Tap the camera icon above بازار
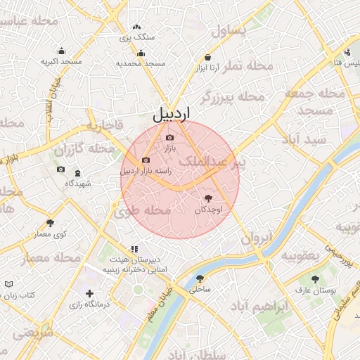click(x=169, y=137)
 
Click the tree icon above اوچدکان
click(x=207, y=199)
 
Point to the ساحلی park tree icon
click(x=200, y=278)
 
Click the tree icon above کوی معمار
click(x=50, y=223)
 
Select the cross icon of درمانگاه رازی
click(x=89, y=293)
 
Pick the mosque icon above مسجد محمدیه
click(x=141, y=53)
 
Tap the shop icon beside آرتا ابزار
click(x=208, y=57)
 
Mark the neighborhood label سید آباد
click(x=304, y=139)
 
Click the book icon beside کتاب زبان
click(x=8, y=283)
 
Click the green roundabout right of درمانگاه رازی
click(x=138, y=290)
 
